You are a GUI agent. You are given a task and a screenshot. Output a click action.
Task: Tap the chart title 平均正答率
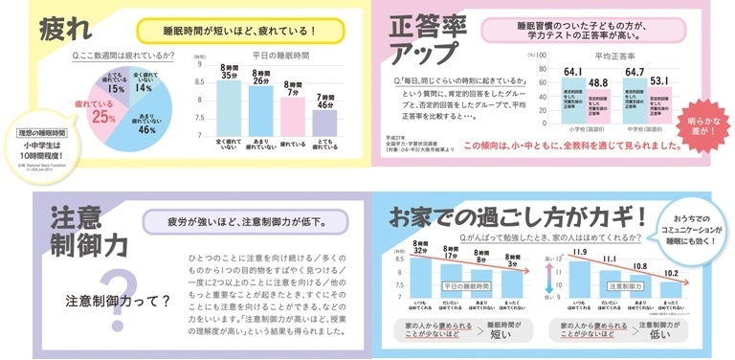(612, 56)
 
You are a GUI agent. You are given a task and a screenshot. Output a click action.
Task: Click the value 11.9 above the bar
(580, 254)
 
